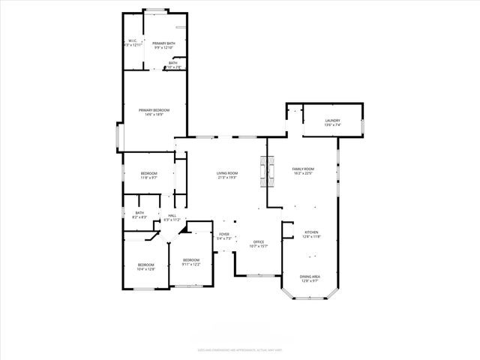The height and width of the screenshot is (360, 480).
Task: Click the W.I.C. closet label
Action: (132, 40)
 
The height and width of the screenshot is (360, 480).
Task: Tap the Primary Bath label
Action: (163, 43)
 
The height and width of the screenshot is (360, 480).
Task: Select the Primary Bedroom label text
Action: (154, 110)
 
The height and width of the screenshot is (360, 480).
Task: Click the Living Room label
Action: (226, 173)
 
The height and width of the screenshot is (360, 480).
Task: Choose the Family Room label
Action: (303, 169)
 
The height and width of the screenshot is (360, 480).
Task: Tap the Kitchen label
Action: (311, 232)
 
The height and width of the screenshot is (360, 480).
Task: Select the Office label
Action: (258, 241)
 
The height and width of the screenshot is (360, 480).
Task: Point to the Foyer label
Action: (223, 235)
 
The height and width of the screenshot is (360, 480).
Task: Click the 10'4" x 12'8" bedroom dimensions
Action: (145, 268)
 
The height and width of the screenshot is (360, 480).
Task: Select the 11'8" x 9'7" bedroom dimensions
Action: (148, 178)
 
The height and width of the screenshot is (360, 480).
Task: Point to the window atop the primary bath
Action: (156, 10)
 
